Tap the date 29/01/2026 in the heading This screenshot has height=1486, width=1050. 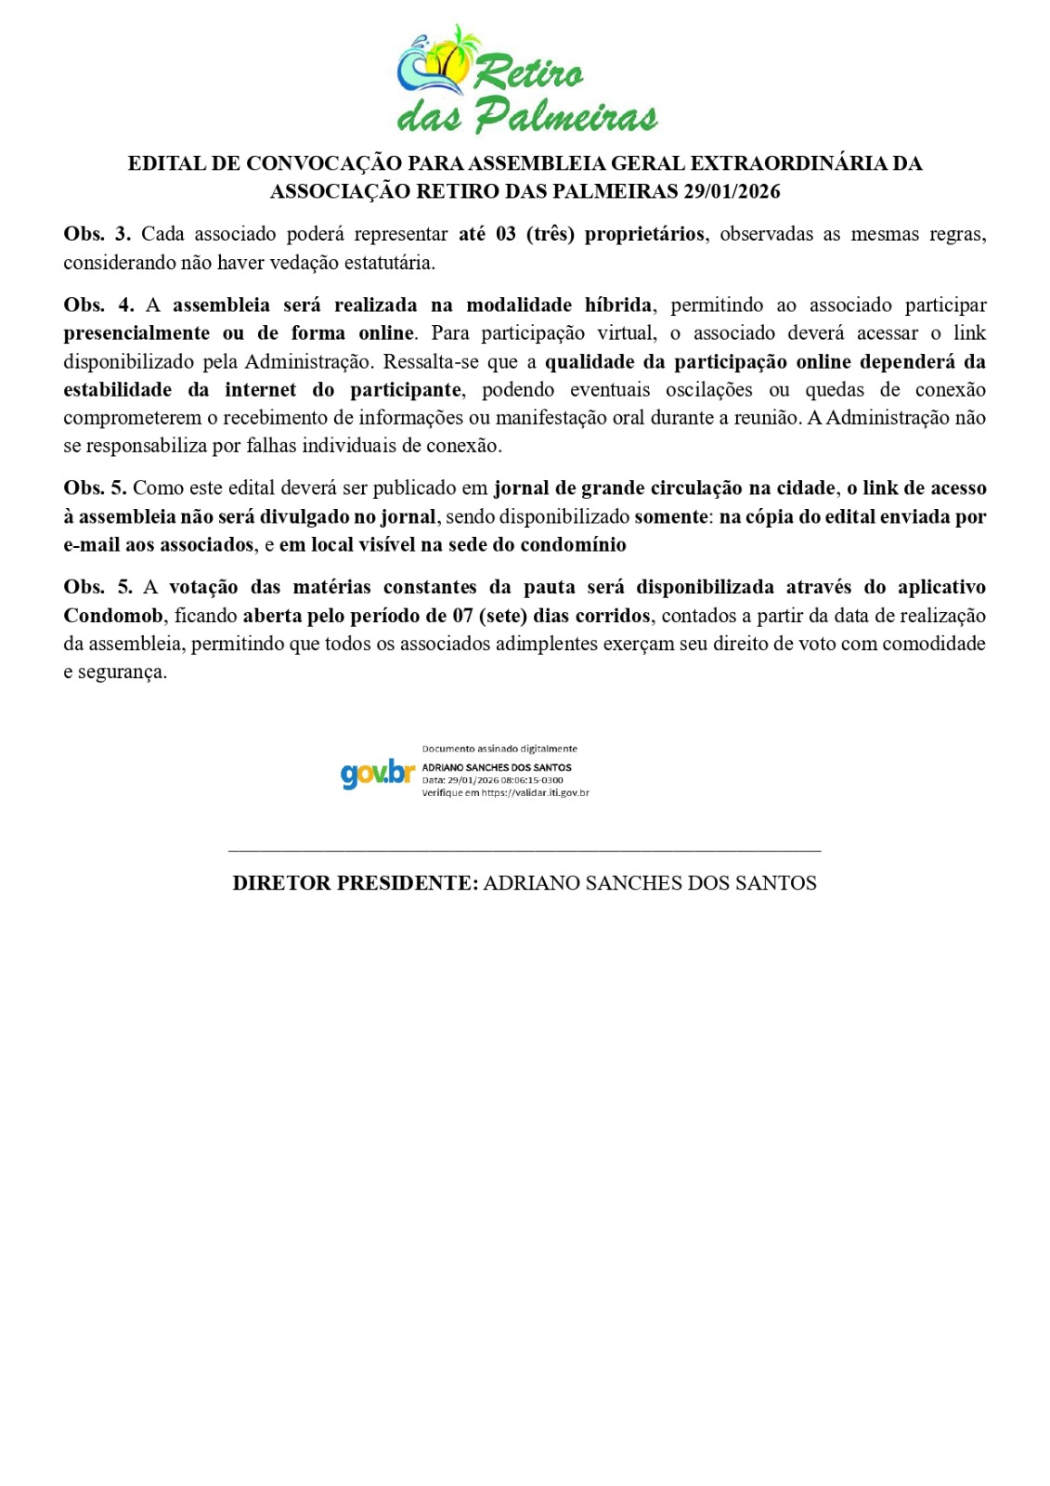(x=732, y=192)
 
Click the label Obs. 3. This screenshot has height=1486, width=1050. (x=97, y=234)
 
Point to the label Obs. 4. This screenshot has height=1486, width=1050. (x=97, y=306)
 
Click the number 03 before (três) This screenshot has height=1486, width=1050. (x=505, y=234)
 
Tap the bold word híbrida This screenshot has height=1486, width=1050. (x=618, y=306)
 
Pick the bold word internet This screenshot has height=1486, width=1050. (x=261, y=390)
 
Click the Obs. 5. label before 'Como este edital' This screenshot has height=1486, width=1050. (x=95, y=489)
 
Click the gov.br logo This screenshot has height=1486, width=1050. (x=376, y=773)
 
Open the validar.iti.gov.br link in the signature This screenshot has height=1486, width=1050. (x=535, y=793)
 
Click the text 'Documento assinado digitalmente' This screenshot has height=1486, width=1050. (x=499, y=749)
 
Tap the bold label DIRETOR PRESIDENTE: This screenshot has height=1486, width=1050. (x=355, y=883)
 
